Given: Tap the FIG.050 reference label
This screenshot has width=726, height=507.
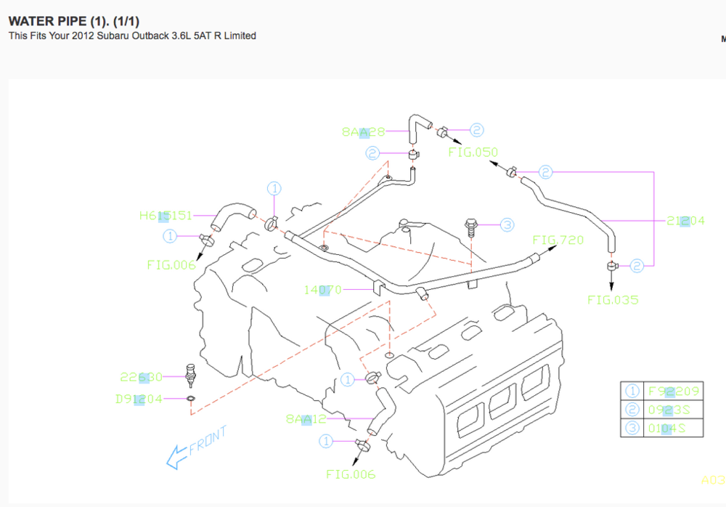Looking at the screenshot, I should coord(473,153).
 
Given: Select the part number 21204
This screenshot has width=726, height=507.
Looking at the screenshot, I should coord(685,221).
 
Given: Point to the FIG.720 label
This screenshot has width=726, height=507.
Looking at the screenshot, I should coord(558,240).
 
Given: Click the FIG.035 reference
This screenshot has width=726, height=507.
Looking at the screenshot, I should coord(613,299).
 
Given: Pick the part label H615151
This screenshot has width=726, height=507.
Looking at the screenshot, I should coord(166,215).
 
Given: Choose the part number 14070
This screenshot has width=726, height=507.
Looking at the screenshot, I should coord(322,290).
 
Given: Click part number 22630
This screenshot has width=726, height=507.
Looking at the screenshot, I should coord(141,377).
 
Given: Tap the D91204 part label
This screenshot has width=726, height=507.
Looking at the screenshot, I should coord(139,399).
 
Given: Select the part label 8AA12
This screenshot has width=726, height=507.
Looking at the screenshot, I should coord(307,419).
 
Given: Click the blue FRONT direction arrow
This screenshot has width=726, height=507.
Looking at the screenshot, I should coord(176,457).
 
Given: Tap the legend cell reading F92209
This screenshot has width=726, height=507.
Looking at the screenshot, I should coord(673,392).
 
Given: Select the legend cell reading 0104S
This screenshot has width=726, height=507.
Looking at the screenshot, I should coord(666,428).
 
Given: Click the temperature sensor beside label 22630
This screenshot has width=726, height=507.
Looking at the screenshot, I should coord(192,372).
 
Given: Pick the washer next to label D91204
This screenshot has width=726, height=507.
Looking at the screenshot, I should coord(191,399).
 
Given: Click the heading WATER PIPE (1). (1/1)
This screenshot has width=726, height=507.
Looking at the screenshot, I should coord(73,20).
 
